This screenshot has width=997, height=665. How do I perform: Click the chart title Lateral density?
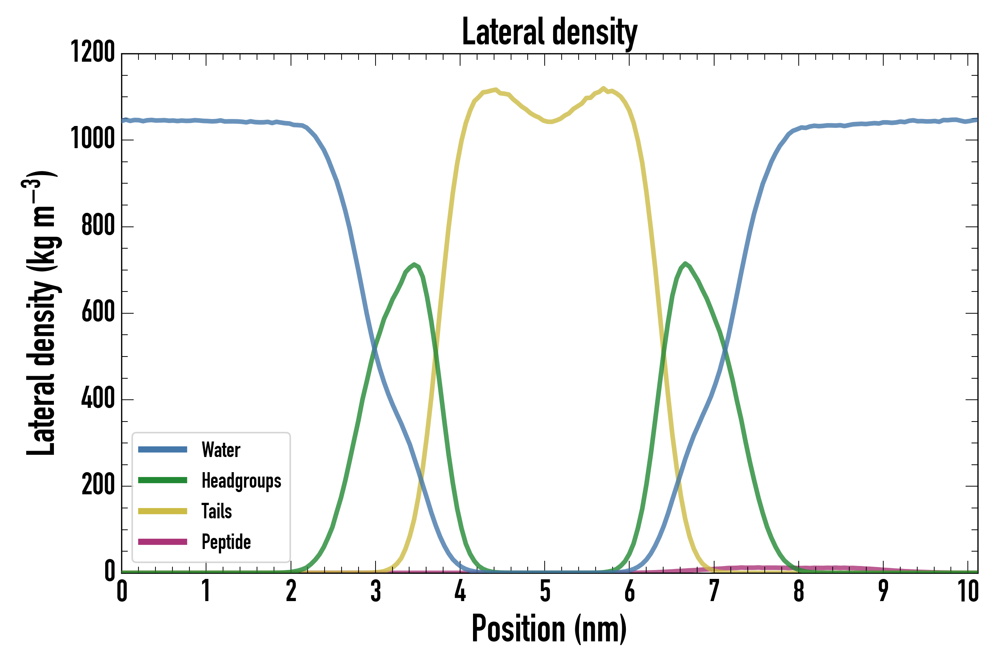[x=549, y=32]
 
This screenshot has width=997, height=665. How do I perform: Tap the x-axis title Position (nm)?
[x=549, y=630]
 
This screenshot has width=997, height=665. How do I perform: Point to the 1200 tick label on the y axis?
[x=92, y=52]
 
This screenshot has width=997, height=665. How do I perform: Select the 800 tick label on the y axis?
[x=98, y=226]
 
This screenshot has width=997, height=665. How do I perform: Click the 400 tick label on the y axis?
[x=98, y=399]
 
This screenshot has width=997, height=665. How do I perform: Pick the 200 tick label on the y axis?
[x=98, y=485]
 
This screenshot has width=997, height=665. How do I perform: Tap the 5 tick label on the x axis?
[x=545, y=591]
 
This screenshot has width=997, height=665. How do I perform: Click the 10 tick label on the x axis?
[x=968, y=591]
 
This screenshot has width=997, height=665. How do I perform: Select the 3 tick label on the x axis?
[x=376, y=591]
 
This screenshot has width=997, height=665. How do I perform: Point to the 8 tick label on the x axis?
[x=799, y=591]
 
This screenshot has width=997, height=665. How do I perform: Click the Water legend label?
[x=221, y=450]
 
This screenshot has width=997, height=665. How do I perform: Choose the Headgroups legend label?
[x=241, y=481]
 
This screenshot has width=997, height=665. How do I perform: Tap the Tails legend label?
[x=217, y=511]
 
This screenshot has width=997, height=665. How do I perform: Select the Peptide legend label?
[x=226, y=542]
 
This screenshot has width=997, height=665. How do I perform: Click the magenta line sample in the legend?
[x=163, y=542]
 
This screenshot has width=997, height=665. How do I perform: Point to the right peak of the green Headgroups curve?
[x=685, y=264]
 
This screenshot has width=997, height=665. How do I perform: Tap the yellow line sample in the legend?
[x=163, y=511]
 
